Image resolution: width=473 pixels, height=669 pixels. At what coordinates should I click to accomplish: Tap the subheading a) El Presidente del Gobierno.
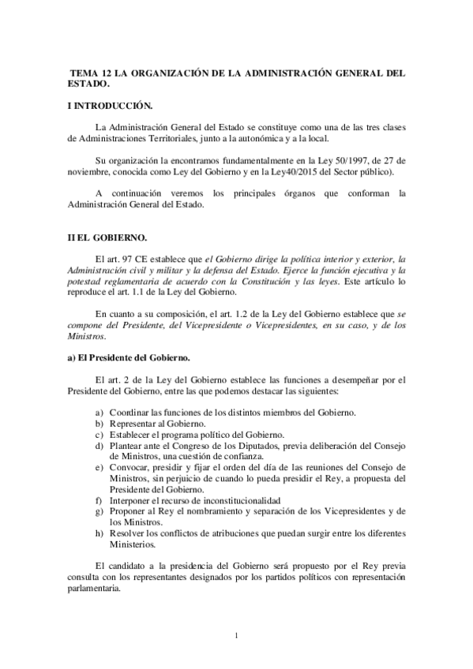(x=127, y=357)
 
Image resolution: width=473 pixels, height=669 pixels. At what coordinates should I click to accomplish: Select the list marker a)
(x=99, y=413)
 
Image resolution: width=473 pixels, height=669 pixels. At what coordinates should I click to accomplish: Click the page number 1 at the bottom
(x=236, y=635)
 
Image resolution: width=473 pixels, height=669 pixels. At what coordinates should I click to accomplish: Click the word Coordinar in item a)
(x=133, y=413)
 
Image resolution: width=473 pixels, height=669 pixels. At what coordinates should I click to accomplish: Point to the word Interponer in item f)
(x=133, y=500)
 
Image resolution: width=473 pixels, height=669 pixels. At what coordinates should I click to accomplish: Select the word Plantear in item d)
(x=130, y=446)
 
